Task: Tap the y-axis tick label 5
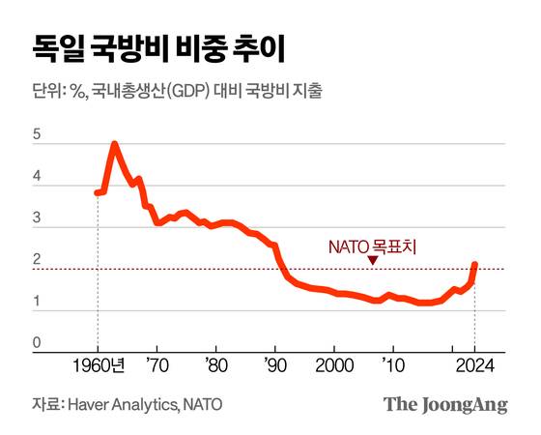pyautogui.click(x=37, y=136)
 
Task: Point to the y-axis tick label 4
pyautogui.click(x=37, y=178)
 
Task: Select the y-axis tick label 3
pyautogui.click(x=37, y=219)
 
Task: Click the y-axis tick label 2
pyautogui.click(x=37, y=261)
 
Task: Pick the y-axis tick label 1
pyautogui.click(x=37, y=303)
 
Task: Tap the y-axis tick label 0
pyautogui.click(x=37, y=343)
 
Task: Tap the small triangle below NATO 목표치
pyautogui.click(x=373, y=261)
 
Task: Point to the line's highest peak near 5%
pyautogui.click(x=115, y=145)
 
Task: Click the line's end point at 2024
pyautogui.click(x=476, y=264)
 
